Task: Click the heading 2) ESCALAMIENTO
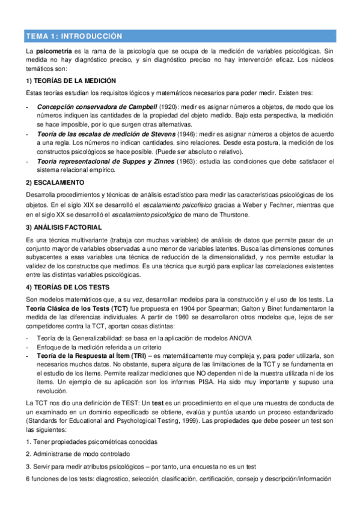click(55, 182)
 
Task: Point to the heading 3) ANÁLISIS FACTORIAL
click(63, 227)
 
